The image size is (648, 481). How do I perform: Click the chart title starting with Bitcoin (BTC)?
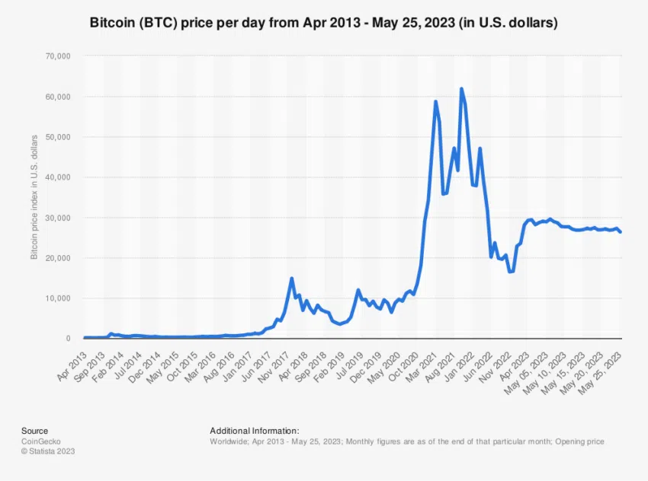(324, 24)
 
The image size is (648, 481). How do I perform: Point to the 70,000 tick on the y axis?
(59, 56)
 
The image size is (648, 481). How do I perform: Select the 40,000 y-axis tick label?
(59, 177)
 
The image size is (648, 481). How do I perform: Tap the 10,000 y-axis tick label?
(59, 298)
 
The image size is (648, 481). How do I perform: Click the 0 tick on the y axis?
(68, 339)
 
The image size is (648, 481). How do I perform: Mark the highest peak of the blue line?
(461, 89)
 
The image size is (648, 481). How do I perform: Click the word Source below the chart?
(34, 431)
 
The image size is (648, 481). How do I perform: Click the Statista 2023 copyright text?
(48, 451)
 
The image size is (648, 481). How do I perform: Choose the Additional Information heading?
(254, 431)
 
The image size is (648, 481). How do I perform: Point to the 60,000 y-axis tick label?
(59, 97)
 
